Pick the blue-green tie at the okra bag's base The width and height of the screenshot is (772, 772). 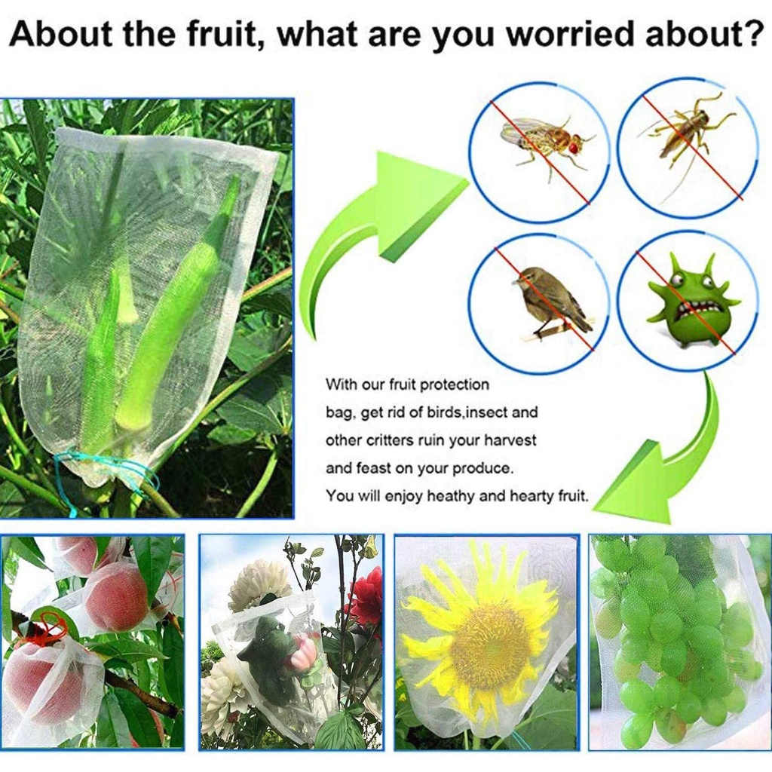click(x=106, y=472)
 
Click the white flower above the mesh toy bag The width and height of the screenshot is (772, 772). click(x=253, y=586)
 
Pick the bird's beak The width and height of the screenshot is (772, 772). click(x=513, y=282)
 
